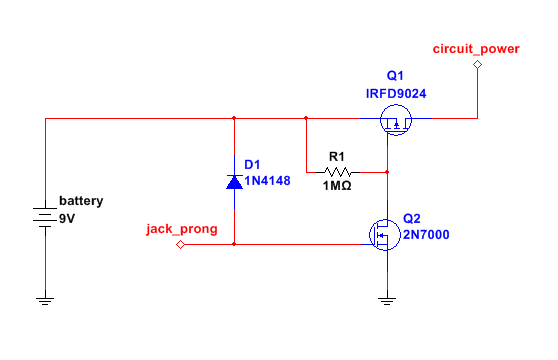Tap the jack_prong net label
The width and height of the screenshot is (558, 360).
(x=179, y=228)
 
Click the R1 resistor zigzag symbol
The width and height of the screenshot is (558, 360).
(x=338, y=171)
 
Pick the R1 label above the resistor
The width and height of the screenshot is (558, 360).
(x=337, y=155)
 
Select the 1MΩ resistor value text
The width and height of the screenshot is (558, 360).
(x=337, y=187)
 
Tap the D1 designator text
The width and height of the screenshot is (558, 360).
(x=252, y=165)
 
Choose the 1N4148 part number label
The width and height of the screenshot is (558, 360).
(x=268, y=181)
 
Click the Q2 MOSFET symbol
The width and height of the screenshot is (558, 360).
(x=383, y=236)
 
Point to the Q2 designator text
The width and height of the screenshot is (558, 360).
(x=413, y=219)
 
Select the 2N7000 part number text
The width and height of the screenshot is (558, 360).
(x=425, y=236)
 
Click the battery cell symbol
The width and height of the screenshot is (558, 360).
(x=45, y=217)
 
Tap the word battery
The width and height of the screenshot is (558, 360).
(x=80, y=201)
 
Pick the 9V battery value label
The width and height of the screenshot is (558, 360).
(x=67, y=218)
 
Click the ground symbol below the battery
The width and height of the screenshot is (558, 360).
(x=45, y=299)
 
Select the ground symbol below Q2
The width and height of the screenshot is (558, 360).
(x=387, y=299)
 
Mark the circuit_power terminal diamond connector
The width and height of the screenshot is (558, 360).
(x=477, y=65)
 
